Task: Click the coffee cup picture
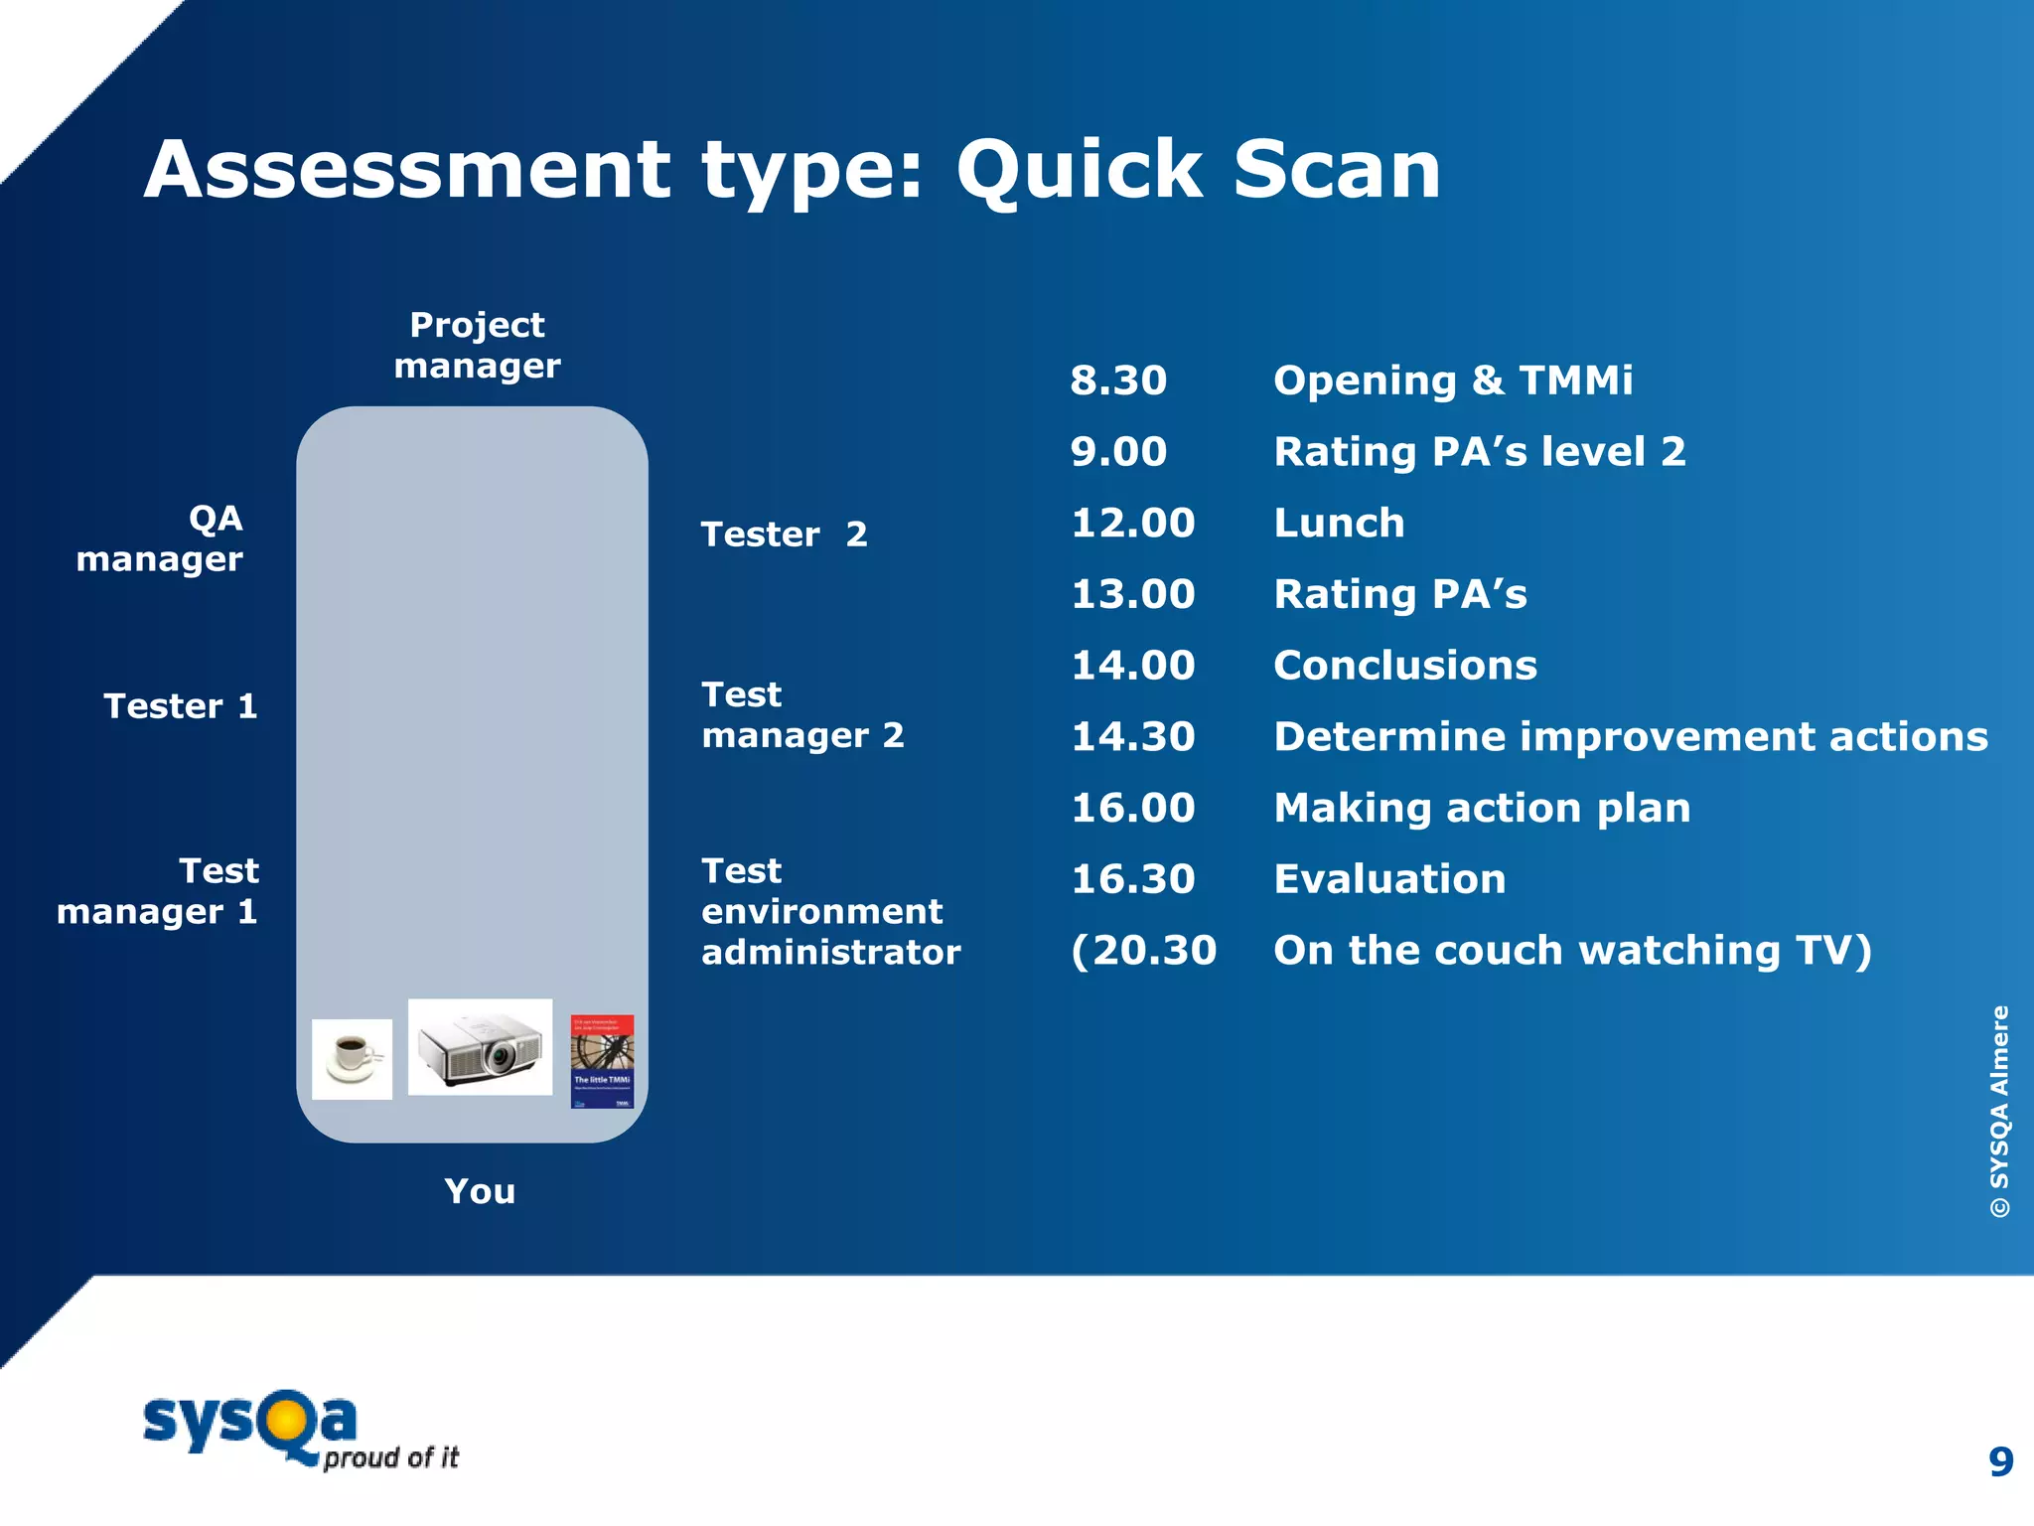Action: pos(352,1058)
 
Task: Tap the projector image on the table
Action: pos(480,1047)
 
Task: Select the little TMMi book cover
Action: pos(602,1061)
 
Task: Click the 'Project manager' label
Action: pos(477,345)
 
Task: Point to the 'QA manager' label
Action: pos(161,537)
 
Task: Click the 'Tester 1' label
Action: pos(181,705)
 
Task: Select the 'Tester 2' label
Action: pos(784,534)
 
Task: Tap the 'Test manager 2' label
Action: pos(802,714)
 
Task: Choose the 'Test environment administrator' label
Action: pos(830,911)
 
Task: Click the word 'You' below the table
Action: pos(480,1190)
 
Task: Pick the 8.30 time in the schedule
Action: pos(1118,381)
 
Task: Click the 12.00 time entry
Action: pos(1132,523)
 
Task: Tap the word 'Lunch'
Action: pos(1339,523)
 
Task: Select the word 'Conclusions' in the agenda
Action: pos(1404,665)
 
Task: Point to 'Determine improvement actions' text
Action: pos(1630,736)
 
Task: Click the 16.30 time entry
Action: pos(1132,878)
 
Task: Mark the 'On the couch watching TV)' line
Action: pos(1572,950)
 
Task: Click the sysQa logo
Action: pos(298,1429)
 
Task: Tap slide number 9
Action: pos(2000,1461)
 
